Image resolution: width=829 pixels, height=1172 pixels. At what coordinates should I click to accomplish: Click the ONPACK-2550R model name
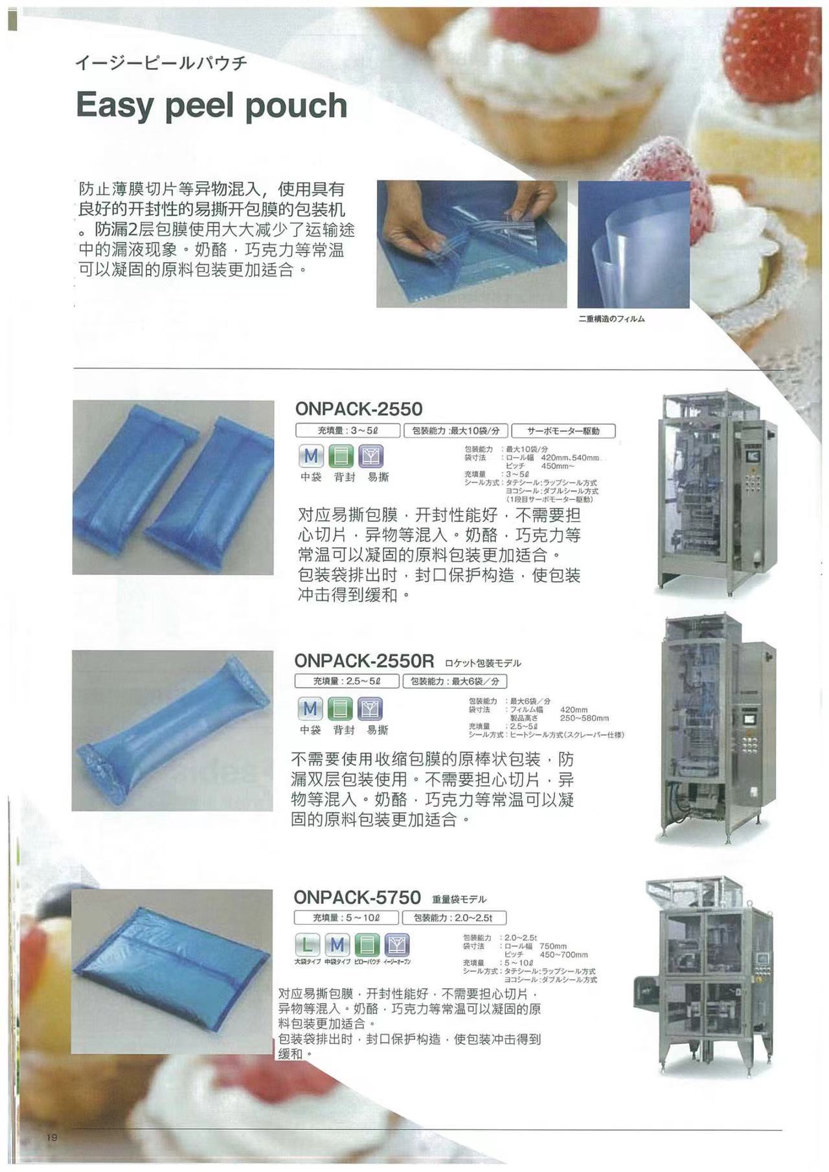(x=363, y=660)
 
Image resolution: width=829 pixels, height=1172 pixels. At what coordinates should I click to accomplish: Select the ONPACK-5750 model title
(x=357, y=897)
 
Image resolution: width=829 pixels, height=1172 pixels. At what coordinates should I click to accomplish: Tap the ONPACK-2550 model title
(x=358, y=409)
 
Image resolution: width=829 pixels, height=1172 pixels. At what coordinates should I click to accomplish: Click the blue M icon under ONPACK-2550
(x=311, y=456)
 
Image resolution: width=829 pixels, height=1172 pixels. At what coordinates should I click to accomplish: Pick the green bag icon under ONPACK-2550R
(x=341, y=709)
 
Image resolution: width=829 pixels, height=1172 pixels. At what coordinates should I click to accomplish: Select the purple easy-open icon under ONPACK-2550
(x=371, y=456)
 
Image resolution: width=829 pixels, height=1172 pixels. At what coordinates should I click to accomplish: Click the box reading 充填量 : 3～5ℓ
(x=348, y=431)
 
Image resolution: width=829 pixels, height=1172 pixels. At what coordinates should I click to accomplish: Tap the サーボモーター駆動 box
(x=563, y=431)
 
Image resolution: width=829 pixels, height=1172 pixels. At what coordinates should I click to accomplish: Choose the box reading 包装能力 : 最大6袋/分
(x=454, y=681)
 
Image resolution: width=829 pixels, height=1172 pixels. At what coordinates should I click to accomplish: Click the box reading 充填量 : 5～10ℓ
(x=346, y=918)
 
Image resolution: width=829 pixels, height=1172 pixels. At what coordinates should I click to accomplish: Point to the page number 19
(x=52, y=1138)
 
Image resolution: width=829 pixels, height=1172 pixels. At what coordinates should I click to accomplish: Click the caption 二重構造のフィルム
(x=611, y=319)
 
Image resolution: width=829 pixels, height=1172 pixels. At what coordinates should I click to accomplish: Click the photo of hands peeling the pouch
(x=471, y=243)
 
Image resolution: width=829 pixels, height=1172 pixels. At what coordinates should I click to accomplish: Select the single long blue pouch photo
(x=172, y=730)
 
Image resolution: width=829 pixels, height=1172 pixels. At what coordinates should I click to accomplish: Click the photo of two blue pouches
(x=173, y=487)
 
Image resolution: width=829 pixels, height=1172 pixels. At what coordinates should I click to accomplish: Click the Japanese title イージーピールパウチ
(x=161, y=63)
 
